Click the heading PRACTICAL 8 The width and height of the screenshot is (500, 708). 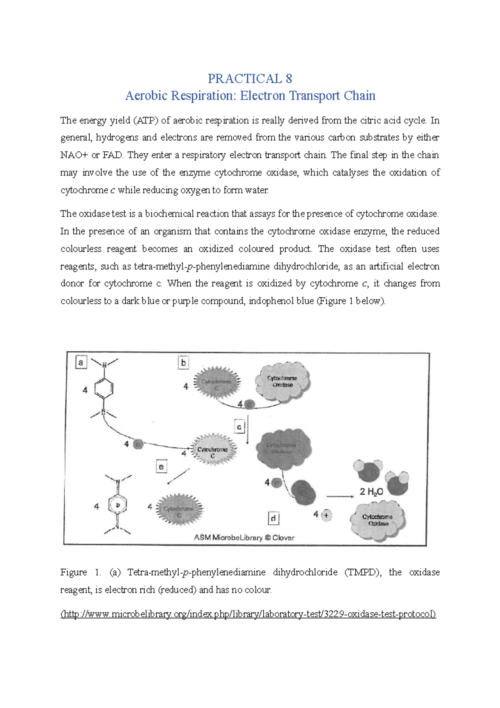click(250, 78)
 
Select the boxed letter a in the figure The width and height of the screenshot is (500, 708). click(80, 362)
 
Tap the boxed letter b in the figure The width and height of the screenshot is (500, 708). click(183, 362)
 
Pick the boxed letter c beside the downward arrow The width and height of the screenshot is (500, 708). click(239, 427)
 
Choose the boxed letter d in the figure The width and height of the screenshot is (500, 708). click(273, 518)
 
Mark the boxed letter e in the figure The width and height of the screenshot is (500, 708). click(161, 467)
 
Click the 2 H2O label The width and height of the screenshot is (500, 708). click(371, 492)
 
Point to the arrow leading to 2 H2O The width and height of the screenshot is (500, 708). click(340, 496)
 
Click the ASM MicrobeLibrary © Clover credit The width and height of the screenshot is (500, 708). click(244, 537)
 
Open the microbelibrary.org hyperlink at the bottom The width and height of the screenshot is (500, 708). click(248, 614)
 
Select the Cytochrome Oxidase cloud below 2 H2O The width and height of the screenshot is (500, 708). click(378, 520)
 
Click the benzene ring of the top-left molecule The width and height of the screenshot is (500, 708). click(104, 389)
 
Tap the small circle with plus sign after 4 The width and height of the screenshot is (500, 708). click(326, 515)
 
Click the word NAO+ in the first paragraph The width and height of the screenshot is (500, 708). click(74, 155)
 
